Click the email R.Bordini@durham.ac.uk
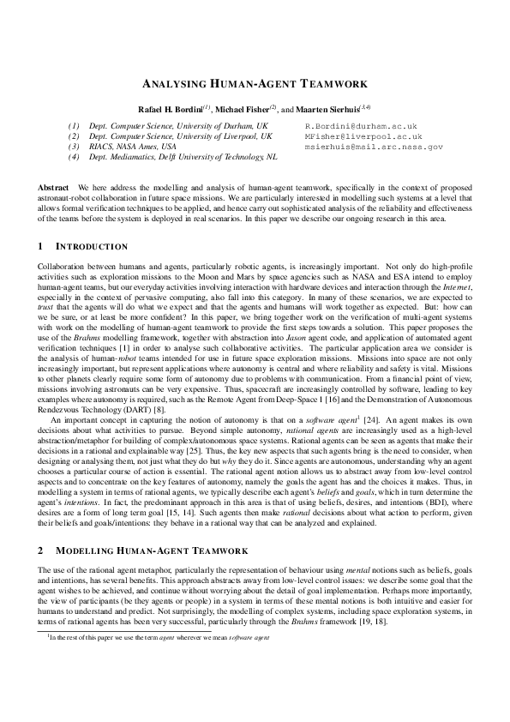point(360,125)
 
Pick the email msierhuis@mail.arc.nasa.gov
point(374,147)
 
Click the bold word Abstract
point(54,186)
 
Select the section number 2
point(41,549)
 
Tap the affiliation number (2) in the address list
point(75,135)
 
